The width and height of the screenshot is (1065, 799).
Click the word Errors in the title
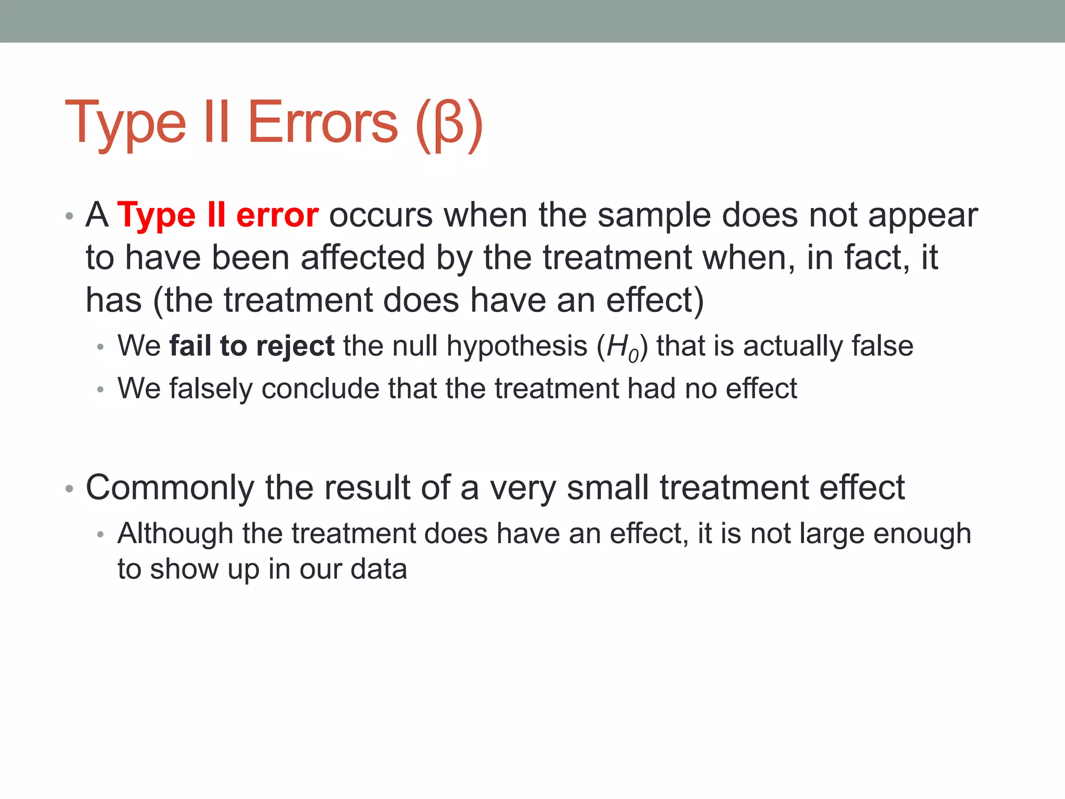click(322, 122)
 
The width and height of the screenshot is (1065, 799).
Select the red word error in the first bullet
click(277, 215)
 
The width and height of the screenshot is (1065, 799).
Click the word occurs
click(381, 216)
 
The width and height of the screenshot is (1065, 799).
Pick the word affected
click(363, 257)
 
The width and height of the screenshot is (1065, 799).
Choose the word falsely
click(211, 389)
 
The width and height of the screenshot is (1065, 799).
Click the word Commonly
click(170, 488)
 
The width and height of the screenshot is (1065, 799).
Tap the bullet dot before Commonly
click(69, 489)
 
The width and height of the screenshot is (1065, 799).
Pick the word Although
click(175, 534)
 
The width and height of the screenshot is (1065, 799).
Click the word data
click(379, 569)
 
